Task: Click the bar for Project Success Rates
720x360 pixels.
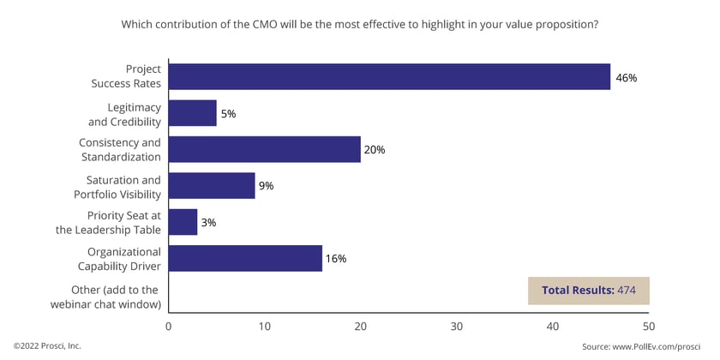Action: (x=389, y=76)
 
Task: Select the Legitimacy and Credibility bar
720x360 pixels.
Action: (x=193, y=113)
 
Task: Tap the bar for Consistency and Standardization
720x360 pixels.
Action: (x=265, y=149)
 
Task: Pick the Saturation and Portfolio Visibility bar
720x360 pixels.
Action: (x=212, y=185)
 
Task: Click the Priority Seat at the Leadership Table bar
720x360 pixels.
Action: (x=183, y=222)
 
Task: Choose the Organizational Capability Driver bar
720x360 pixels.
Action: (x=245, y=258)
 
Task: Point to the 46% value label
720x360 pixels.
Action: (x=627, y=77)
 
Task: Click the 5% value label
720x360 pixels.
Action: (x=229, y=113)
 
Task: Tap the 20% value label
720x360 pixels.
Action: (x=375, y=150)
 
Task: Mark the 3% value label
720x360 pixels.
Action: (x=209, y=222)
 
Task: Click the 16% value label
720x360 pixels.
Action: (x=335, y=259)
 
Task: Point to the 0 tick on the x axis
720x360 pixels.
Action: (x=169, y=327)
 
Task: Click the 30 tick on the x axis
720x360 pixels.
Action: (x=457, y=327)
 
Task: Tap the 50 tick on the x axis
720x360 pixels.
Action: (x=649, y=327)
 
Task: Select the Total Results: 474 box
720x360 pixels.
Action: (x=588, y=291)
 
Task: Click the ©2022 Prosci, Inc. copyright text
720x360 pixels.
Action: (x=48, y=346)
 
